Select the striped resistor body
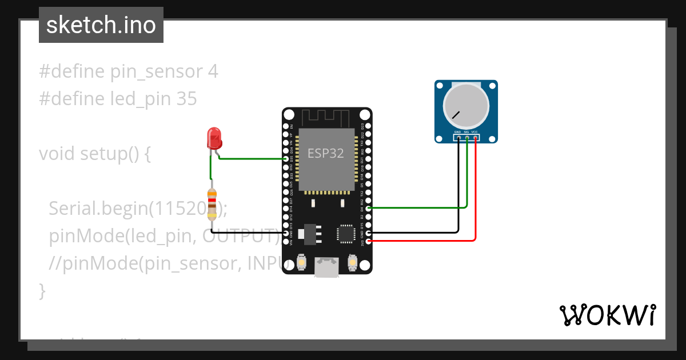click(212, 204)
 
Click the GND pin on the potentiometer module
click(458, 138)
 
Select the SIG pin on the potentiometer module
click(466, 138)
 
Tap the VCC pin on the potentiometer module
click(475, 138)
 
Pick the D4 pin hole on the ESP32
click(369, 209)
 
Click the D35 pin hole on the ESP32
click(286, 159)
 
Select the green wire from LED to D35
click(252, 159)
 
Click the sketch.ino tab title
click(101, 25)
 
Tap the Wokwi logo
click(608, 315)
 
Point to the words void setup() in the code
click(94, 154)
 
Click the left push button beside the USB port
click(301, 262)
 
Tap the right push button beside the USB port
click(352, 262)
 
